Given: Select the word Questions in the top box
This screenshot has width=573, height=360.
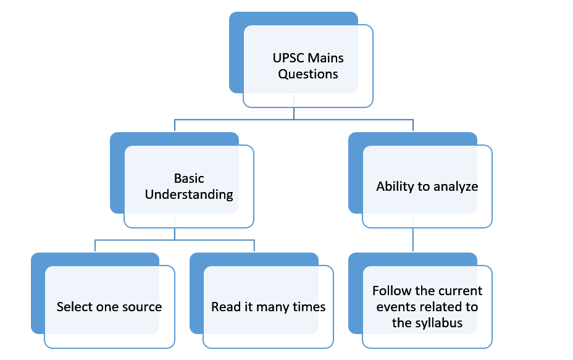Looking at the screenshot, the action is [308, 74].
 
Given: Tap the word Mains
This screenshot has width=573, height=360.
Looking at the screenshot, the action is [325, 58].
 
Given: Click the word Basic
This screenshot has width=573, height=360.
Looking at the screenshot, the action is [189, 178].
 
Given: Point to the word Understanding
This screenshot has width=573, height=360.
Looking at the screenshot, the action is [189, 195].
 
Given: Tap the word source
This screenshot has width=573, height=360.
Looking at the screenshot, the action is [142, 308].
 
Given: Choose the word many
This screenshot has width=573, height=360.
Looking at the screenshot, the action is [273, 308].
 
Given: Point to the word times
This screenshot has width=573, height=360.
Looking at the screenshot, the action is [309, 307].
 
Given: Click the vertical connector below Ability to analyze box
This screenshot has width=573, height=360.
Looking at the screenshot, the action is [413, 240].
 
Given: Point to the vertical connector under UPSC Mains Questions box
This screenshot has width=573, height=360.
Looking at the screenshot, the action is [294, 113].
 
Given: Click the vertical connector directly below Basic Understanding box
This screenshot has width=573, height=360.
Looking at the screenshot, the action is [175, 234].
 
